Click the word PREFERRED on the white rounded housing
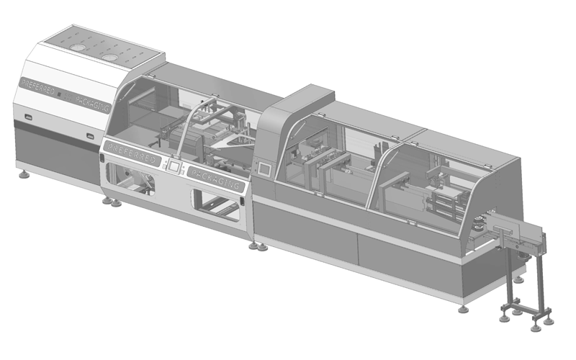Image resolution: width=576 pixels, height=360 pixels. pyautogui.click(x=38, y=86)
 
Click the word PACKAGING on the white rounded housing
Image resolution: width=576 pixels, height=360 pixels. pyautogui.click(x=92, y=102)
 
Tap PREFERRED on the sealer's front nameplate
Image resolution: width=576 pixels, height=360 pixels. pyautogui.click(x=132, y=152)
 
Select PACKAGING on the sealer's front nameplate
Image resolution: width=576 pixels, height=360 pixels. pyautogui.click(x=215, y=179)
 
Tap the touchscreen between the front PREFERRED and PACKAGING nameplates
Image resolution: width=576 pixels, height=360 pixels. pyautogui.click(x=174, y=166)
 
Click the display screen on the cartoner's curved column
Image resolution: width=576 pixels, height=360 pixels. pyautogui.click(x=264, y=168)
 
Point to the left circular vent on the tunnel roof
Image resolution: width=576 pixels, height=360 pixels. pyautogui.click(x=77, y=48)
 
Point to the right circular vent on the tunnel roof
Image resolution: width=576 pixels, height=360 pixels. pyautogui.click(x=109, y=58)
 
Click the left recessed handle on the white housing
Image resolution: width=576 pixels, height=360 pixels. pyautogui.click(x=28, y=117)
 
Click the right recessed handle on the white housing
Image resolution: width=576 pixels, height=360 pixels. pyautogui.click(x=90, y=136)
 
